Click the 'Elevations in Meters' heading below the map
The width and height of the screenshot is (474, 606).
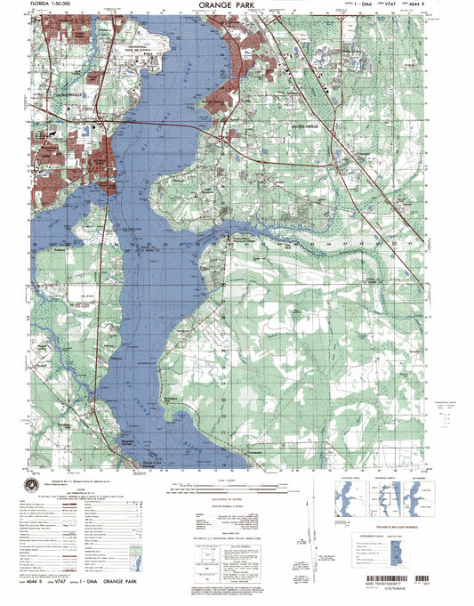click(x=227, y=501)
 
